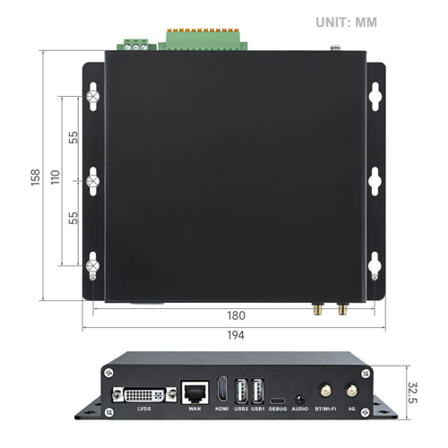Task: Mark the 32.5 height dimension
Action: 413,391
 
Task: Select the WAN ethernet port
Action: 193,391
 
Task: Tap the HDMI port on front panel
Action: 222,391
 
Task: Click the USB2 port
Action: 240,391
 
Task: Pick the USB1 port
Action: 258,391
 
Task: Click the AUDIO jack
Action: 299,398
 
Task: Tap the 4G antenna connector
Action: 352,392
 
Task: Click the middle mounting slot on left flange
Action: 91,179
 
